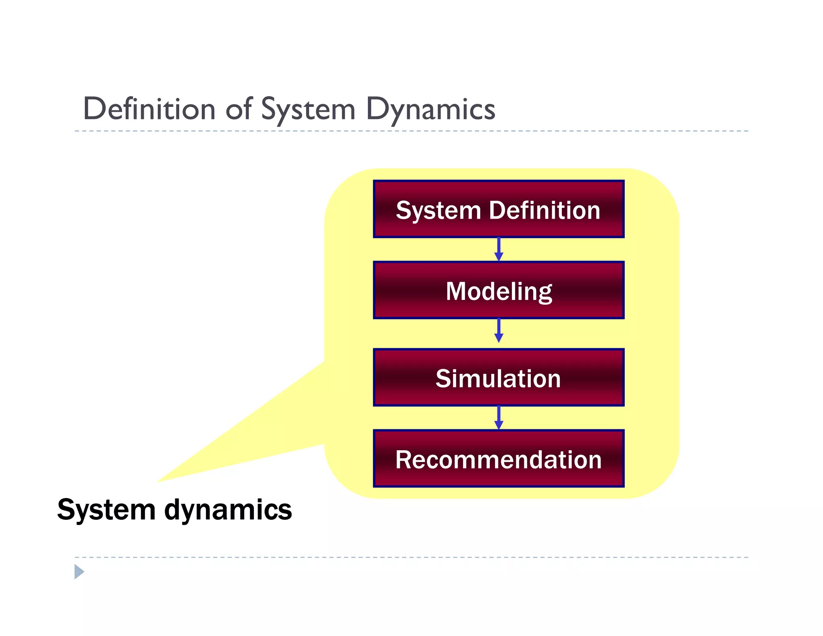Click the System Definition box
coord(498,209)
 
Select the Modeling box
coord(498,290)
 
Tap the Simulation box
coord(498,377)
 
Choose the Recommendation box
coord(498,459)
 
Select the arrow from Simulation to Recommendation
coord(499,417)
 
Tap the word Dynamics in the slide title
coord(430,109)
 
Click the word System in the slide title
coord(308,109)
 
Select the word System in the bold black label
coord(106,510)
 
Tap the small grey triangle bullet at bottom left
coord(79,572)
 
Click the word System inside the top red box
coord(438,210)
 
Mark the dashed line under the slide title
coord(411,131)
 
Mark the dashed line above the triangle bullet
coord(411,557)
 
